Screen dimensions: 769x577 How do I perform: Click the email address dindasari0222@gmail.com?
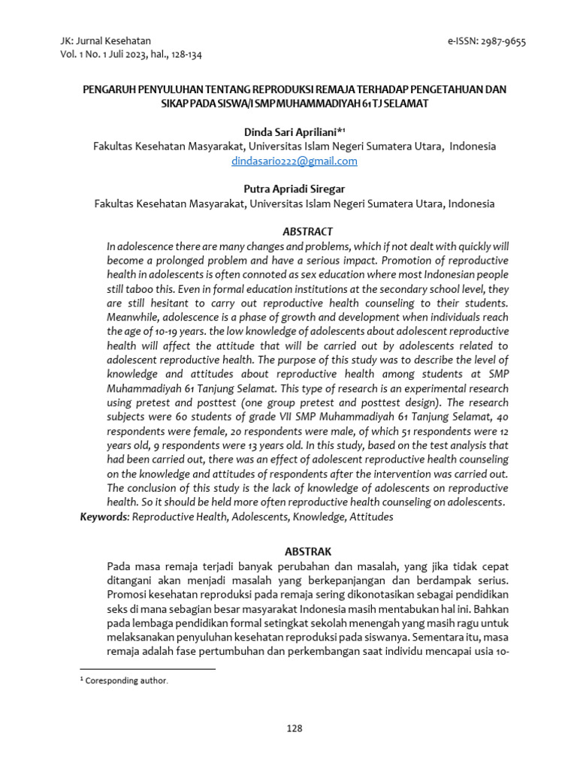pyautogui.click(x=294, y=161)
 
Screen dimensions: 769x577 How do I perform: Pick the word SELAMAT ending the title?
pyautogui.click(x=408, y=103)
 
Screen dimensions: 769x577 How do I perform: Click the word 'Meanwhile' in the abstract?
pyautogui.click(x=137, y=318)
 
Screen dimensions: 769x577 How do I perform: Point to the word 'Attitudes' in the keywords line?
pyautogui.click(x=371, y=517)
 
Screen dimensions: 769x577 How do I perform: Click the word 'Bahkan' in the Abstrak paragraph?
pyautogui.click(x=493, y=608)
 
